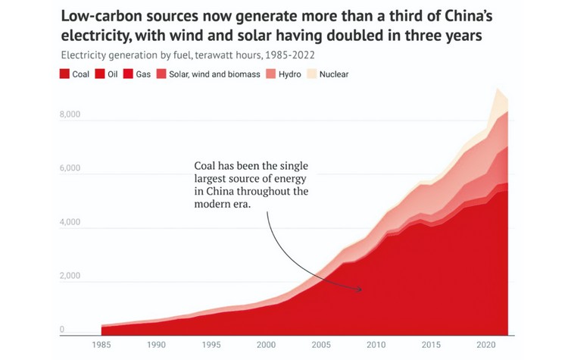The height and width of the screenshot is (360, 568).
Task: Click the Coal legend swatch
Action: [64, 74]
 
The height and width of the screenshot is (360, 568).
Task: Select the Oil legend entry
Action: [108, 74]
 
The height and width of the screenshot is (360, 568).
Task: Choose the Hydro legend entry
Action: [289, 74]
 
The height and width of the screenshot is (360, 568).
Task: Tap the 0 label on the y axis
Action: [62, 330]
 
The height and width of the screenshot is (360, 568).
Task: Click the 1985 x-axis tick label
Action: [101, 343]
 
